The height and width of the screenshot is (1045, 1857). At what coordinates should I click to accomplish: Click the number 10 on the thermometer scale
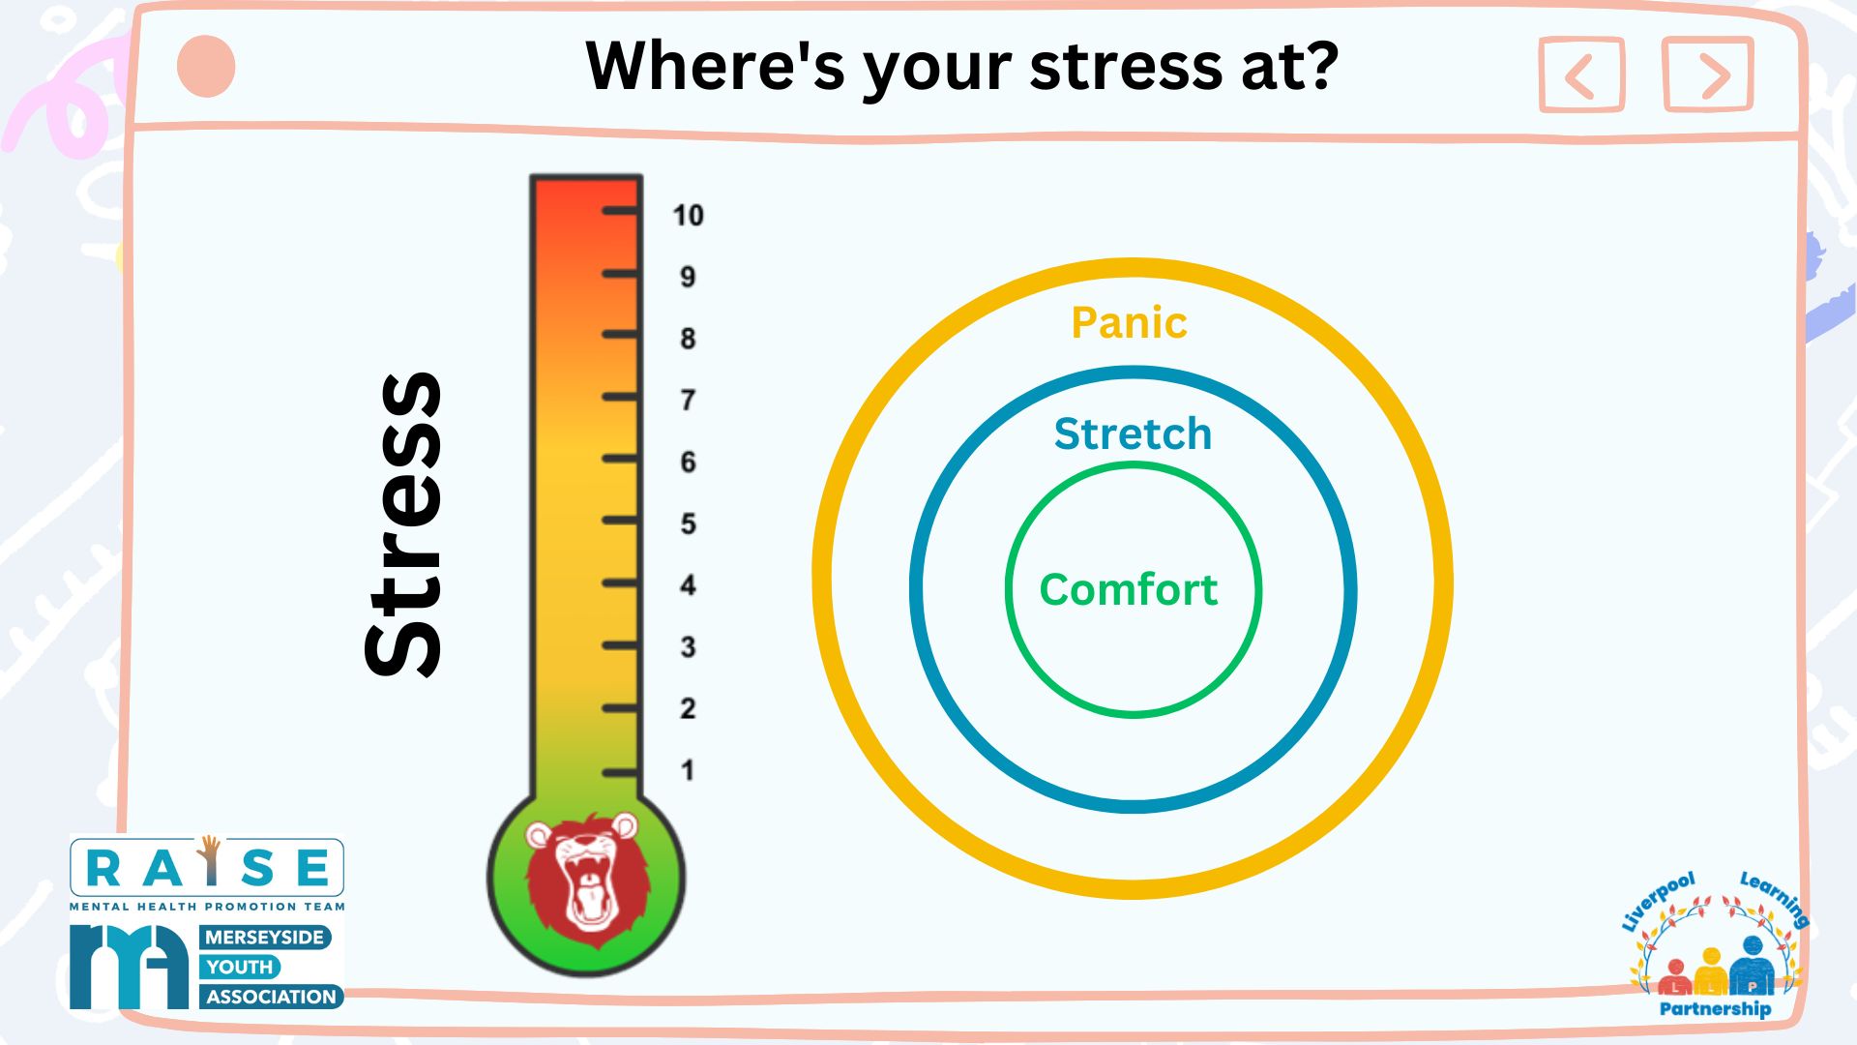(688, 215)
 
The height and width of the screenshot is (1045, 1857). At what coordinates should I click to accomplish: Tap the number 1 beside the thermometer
(687, 770)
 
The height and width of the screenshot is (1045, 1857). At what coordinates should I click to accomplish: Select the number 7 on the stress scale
(688, 400)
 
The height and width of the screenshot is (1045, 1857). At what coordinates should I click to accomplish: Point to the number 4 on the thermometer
(688, 584)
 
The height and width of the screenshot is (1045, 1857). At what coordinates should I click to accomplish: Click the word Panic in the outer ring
(1129, 322)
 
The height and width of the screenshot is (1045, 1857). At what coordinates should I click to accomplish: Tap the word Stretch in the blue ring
(1133, 433)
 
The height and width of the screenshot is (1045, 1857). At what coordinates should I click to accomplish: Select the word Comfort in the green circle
(1129, 589)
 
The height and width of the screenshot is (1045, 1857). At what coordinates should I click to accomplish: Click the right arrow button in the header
(1708, 75)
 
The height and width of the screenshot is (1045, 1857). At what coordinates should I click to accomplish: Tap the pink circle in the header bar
(206, 67)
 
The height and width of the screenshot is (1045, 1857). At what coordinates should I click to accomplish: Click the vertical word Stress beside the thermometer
(402, 524)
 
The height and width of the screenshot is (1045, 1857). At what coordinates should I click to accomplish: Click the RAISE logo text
(207, 867)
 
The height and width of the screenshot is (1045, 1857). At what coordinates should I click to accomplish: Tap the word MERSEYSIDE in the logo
(264, 937)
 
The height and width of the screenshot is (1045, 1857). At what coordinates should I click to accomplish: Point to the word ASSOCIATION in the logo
(271, 997)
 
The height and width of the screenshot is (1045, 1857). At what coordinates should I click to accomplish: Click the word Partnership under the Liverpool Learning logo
(1715, 1008)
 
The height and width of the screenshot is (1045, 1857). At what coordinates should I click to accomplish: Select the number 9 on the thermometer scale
(688, 277)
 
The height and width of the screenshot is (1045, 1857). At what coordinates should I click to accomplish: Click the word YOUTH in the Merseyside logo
(240, 967)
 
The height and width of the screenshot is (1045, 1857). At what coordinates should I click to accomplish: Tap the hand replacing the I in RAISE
(209, 860)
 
